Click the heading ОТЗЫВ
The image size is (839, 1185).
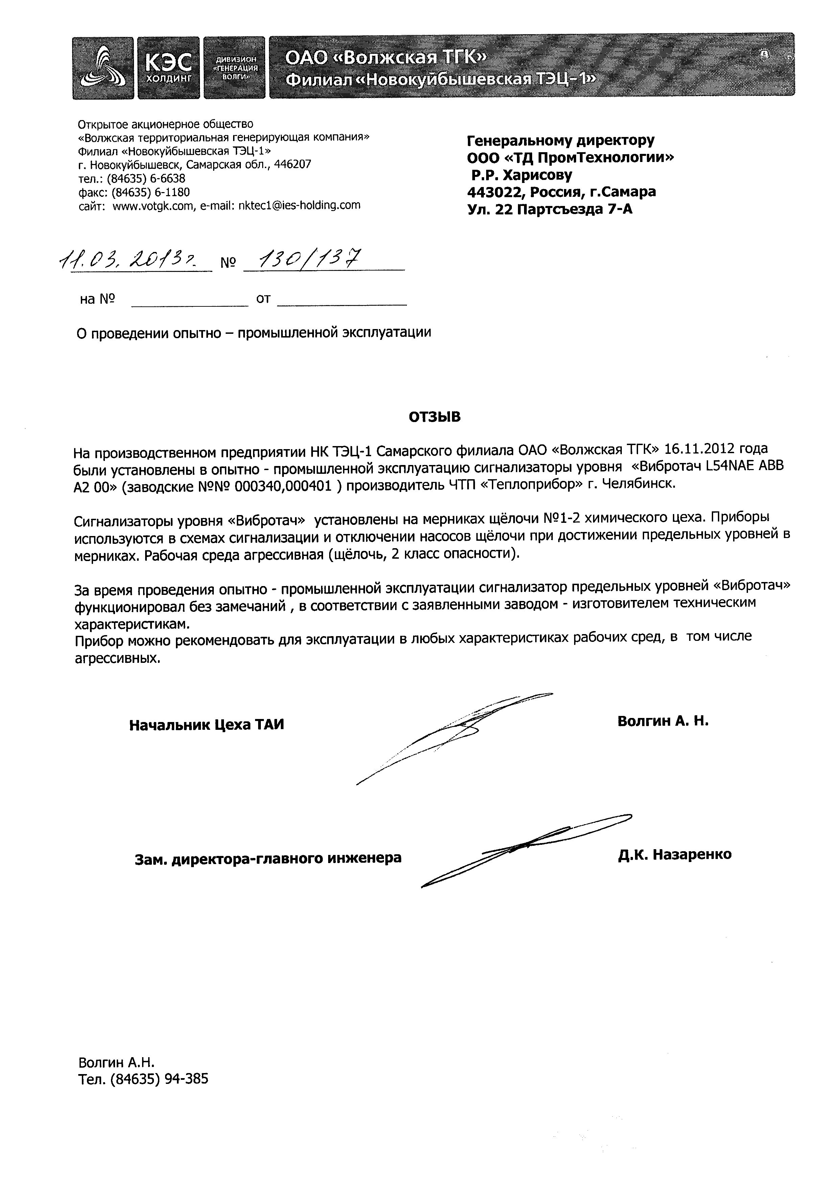pyautogui.click(x=434, y=417)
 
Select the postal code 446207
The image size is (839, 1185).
pyautogui.click(x=293, y=165)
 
